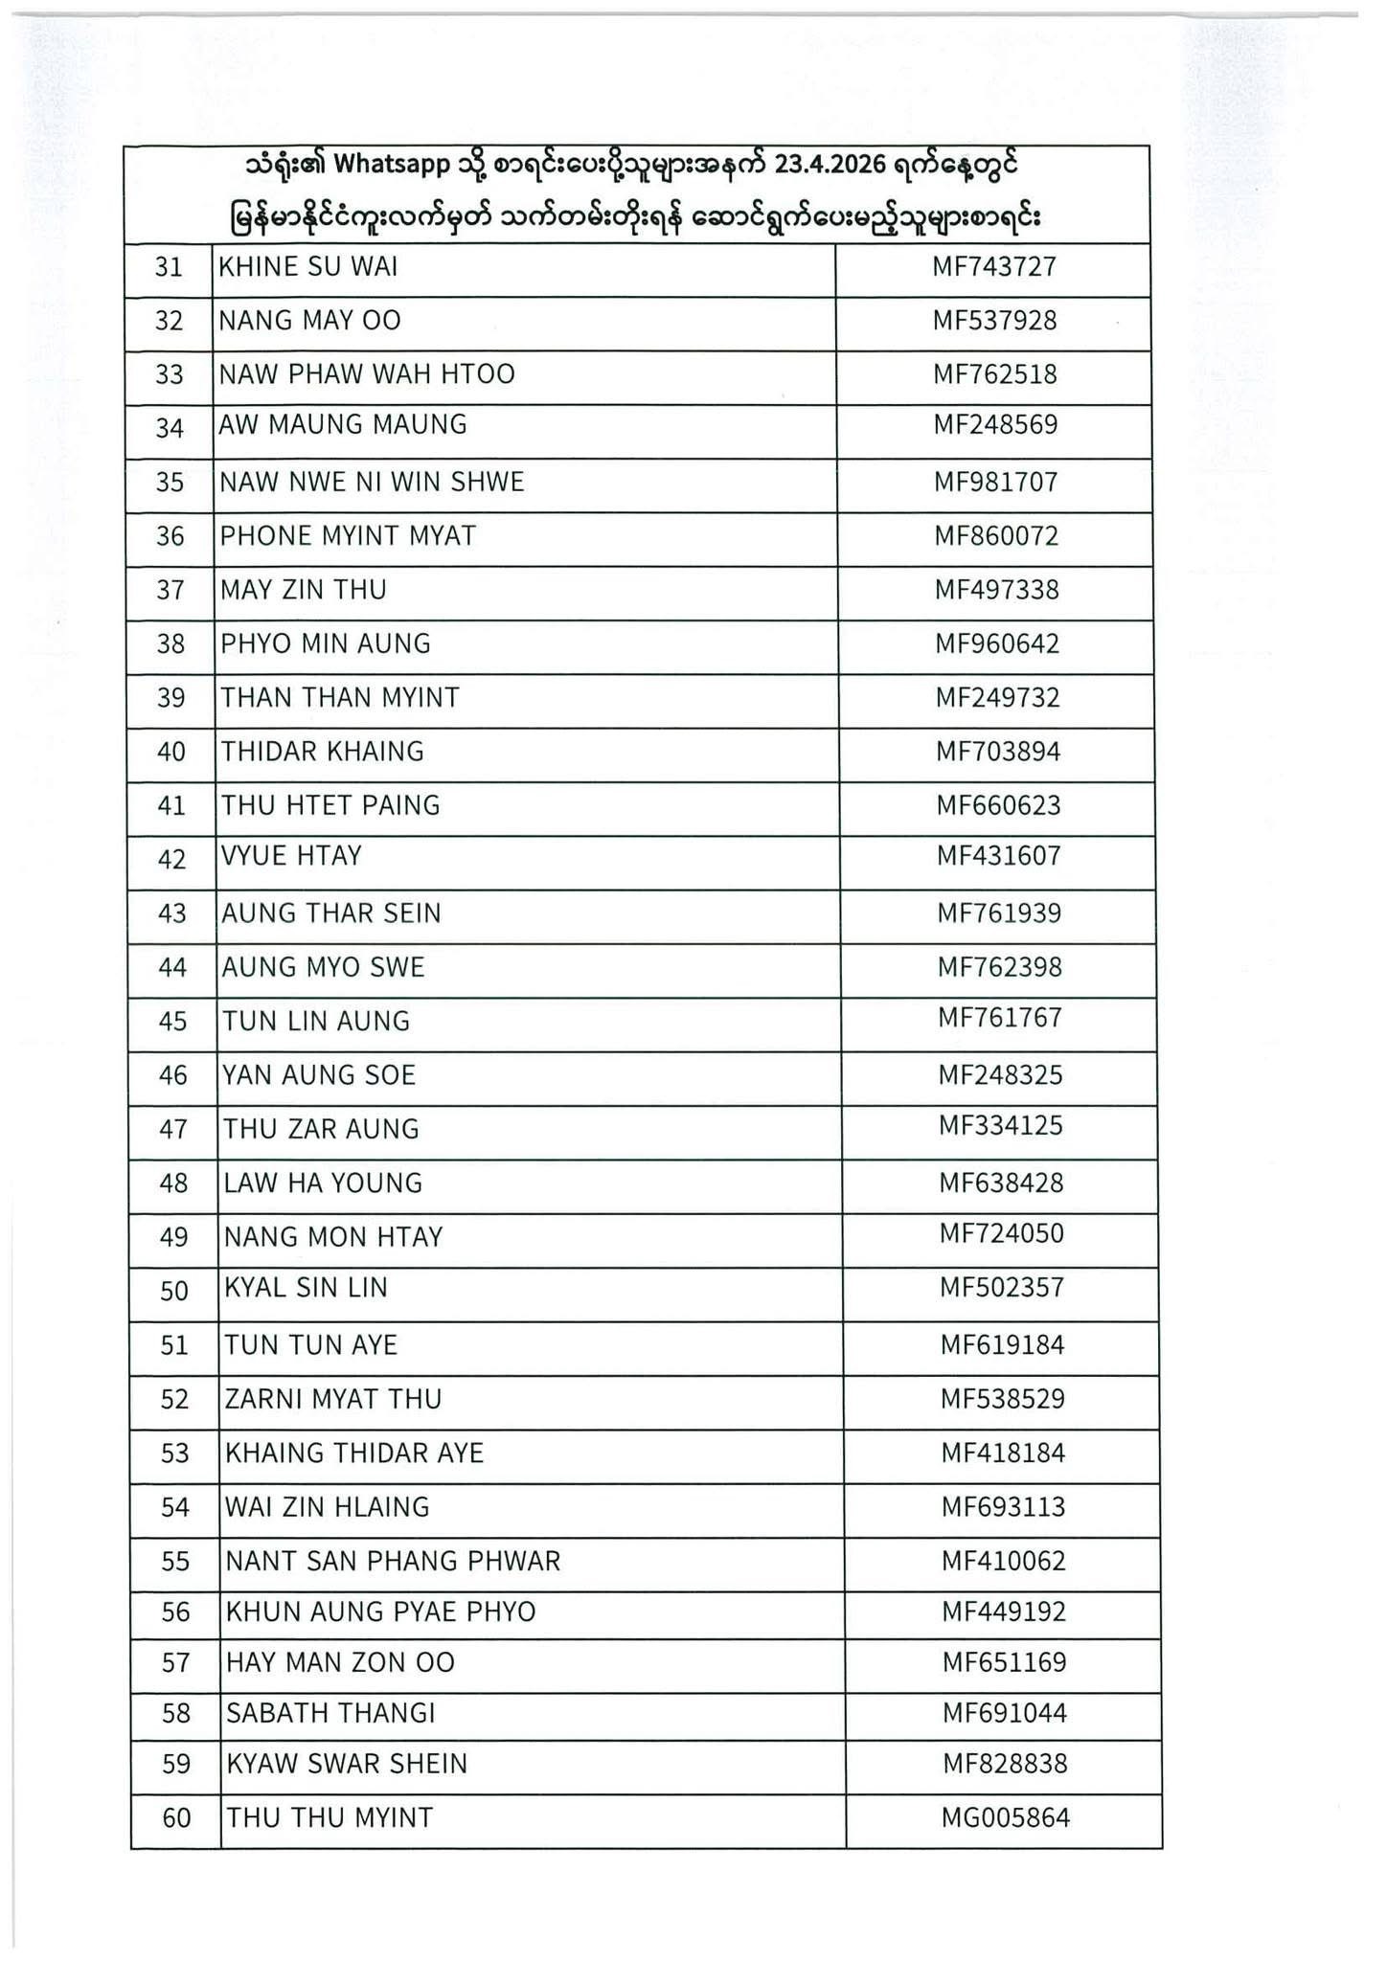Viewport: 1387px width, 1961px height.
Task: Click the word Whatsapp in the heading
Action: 393,166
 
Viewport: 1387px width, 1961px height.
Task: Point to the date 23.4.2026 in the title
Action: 829,166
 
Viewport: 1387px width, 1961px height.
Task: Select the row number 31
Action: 169,267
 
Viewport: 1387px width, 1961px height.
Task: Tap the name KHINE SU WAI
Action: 308,267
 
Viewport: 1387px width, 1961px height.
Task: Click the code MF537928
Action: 994,321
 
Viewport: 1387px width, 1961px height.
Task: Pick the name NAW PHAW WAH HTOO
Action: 367,374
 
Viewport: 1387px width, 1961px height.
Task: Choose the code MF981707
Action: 995,483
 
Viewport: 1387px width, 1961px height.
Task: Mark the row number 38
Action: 171,644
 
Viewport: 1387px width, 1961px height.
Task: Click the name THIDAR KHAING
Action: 323,752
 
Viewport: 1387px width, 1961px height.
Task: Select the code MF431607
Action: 998,856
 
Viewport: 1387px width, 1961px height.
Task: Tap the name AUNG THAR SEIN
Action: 331,913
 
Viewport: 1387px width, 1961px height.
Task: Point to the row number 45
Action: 172,1022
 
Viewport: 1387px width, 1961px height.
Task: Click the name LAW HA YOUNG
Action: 323,1183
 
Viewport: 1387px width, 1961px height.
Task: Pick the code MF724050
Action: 1001,1233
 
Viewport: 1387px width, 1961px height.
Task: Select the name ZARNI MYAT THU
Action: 333,1400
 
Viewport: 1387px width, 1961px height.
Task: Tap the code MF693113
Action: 1003,1508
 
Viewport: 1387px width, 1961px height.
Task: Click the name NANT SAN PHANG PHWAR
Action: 393,1562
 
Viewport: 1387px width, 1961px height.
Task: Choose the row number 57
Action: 175,1663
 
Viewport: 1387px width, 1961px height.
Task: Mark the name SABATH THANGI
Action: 330,1713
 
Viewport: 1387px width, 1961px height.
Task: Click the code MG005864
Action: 1005,1817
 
